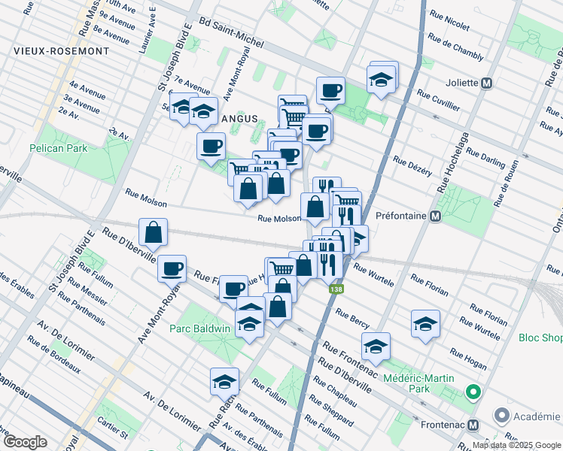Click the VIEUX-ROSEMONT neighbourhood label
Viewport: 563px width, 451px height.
[x=61, y=51]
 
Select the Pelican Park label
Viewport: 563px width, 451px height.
[x=59, y=148]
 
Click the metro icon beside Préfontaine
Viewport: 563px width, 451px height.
[x=435, y=216]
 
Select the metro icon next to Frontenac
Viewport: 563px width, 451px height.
[x=473, y=425]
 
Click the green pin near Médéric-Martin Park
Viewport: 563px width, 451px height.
[x=473, y=392]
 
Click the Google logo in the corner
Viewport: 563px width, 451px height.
[x=26, y=442]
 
